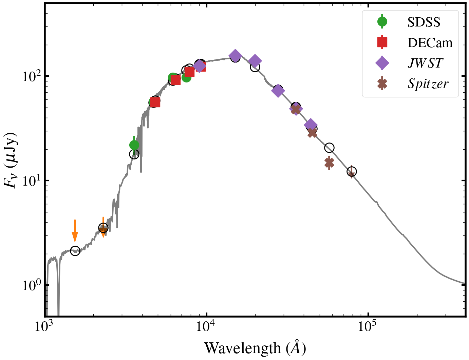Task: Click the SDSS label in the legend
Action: (x=424, y=22)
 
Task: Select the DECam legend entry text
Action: (x=430, y=43)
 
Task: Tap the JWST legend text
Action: (x=425, y=63)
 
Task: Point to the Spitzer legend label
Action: (x=428, y=84)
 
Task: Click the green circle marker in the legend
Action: (x=382, y=22)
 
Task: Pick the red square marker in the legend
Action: (x=382, y=42)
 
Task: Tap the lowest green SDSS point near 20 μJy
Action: (x=134, y=145)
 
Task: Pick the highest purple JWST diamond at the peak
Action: (x=235, y=56)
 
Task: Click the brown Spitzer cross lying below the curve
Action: (x=329, y=163)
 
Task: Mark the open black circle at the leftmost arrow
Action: (x=75, y=251)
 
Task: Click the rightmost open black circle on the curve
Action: (x=352, y=171)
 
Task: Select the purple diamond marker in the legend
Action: (x=382, y=63)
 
